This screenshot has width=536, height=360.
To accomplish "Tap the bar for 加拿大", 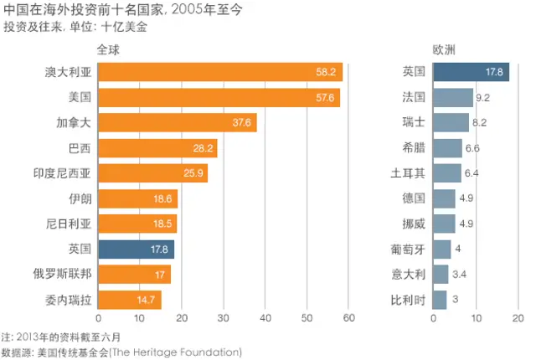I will pos(177,123).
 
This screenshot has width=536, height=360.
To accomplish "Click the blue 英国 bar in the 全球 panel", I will pos(136,249).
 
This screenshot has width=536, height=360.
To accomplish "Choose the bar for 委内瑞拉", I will pos(129,299).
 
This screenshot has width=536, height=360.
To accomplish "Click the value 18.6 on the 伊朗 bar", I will pos(165,198).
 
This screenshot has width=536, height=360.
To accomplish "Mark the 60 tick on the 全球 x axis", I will pos(348,319).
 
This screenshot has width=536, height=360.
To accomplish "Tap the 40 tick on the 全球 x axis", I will pos(265,319).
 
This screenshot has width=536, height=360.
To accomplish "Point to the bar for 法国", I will pos(452,98).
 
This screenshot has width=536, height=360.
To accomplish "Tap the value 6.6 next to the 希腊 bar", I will pos(472,148).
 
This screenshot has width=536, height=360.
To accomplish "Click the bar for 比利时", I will pos(439,299).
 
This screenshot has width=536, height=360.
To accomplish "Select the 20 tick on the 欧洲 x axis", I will pos(518,319).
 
